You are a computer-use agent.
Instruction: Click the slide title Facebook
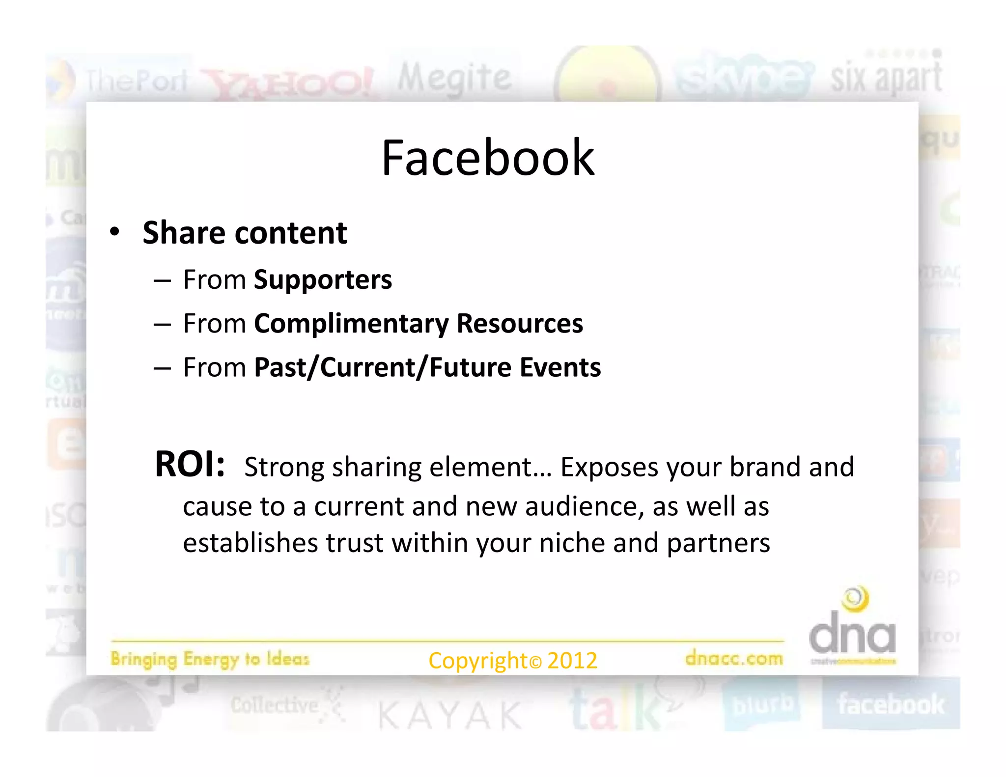point(488,158)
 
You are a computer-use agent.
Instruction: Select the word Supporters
point(323,280)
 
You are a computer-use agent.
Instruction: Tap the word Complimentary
point(351,324)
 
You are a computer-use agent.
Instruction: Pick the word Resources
point(520,324)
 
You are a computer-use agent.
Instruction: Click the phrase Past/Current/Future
point(383,367)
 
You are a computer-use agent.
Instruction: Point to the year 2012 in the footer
point(572,661)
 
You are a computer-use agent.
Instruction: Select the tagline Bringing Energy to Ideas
point(210,659)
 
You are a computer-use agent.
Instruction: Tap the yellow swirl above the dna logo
point(855,599)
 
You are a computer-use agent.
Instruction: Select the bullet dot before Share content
point(114,232)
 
